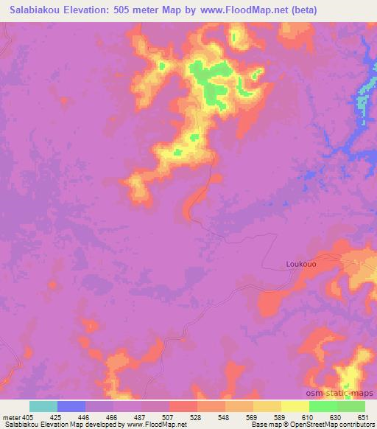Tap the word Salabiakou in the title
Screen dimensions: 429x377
35,9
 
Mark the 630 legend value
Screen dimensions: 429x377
336,416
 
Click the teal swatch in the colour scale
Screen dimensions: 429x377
43,406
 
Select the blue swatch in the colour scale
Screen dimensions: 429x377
71,406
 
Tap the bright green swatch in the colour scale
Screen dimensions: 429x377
323,406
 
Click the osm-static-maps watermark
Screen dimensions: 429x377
339,394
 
